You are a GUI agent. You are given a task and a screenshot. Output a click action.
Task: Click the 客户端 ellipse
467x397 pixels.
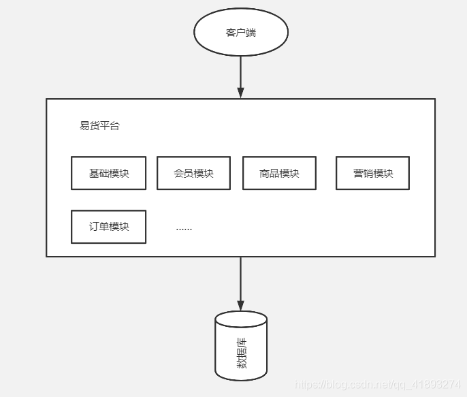(x=241, y=32)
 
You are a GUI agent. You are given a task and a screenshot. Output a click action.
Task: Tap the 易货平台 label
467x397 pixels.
(x=99, y=126)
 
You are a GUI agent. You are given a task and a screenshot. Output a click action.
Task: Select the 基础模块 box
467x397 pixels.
(x=109, y=173)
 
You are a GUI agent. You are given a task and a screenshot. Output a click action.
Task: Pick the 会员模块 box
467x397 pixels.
(x=194, y=173)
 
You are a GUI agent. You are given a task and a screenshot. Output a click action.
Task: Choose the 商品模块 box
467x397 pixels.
(x=279, y=173)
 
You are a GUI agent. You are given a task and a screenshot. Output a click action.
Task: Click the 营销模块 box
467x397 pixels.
(x=372, y=173)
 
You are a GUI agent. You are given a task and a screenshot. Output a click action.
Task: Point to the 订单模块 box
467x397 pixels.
(x=109, y=227)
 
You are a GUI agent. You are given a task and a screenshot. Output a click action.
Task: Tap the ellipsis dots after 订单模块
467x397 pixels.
(x=184, y=228)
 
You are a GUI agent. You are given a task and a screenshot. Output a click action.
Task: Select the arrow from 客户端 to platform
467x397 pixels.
(x=240, y=72)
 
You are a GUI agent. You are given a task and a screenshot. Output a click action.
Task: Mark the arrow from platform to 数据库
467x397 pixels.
(x=240, y=279)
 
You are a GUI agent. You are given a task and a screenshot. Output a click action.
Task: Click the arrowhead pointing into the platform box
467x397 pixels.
(x=240, y=93)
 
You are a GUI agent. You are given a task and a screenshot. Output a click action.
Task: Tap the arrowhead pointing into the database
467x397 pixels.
(x=240, y=306)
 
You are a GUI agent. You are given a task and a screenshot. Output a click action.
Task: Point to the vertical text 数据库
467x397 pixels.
(x=242, y=353)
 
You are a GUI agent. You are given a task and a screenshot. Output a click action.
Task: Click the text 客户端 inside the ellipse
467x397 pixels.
(x=241, y=32)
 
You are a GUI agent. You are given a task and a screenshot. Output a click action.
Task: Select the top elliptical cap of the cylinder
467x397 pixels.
(x=241, y=319)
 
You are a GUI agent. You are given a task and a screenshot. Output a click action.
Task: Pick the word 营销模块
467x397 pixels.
(x=372, y=173)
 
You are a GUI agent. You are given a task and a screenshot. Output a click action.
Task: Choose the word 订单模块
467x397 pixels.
(x=109, y=227)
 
